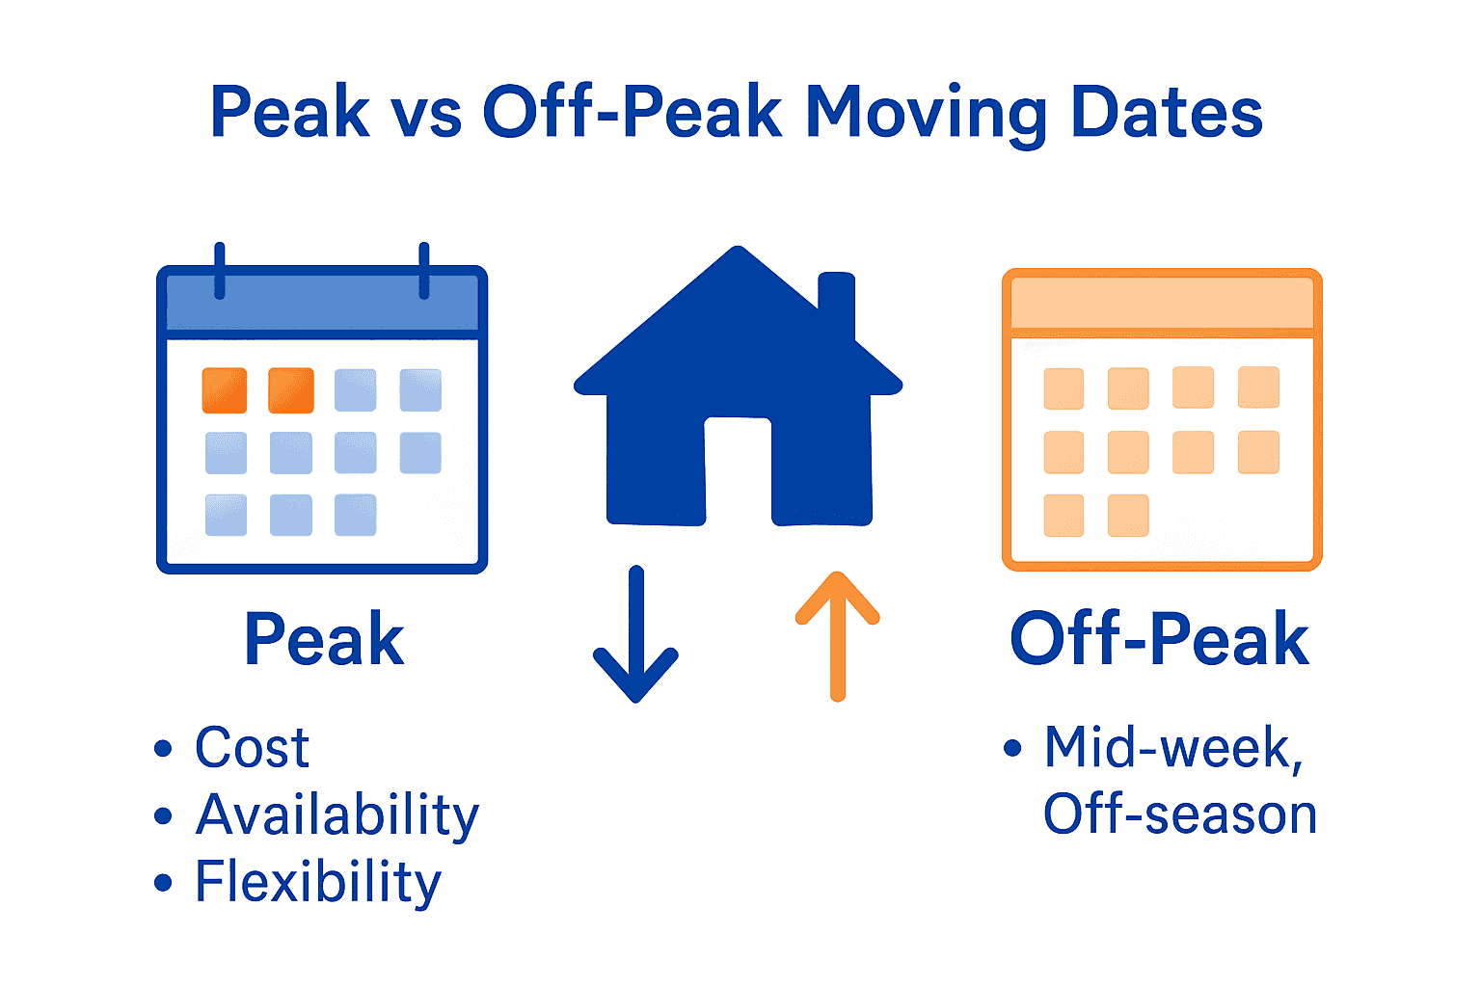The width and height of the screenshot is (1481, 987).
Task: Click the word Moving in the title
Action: [926, 114]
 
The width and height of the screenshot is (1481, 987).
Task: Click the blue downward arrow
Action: [635, 636]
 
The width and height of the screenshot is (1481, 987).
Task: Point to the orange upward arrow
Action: [837, 636]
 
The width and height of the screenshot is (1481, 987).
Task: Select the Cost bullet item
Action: [252, 747]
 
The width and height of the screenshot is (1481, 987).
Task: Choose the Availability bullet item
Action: [337, 814]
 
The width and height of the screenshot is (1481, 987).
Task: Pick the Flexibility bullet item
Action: [317, 882]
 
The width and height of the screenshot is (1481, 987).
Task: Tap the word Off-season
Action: [1179, 814]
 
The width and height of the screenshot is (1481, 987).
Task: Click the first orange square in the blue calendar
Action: [225, 390]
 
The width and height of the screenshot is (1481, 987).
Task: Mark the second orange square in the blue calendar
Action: [290, 390]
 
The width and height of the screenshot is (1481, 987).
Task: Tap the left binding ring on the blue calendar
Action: [220, 271]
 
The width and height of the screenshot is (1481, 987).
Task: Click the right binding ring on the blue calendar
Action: [423, 271]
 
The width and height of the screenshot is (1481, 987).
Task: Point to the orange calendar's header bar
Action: [1162, 304]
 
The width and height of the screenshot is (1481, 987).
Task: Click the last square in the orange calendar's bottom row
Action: [1128, 516]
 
